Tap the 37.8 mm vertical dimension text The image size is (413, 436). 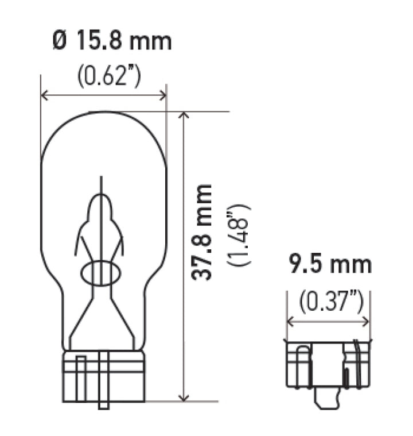[202, 233]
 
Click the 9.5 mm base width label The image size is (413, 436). [329, 265]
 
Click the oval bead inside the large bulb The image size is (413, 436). [100, 272]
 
